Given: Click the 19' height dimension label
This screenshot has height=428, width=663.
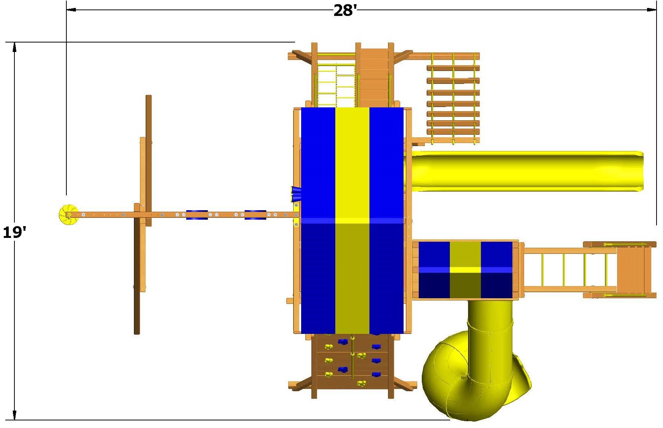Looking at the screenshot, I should (x=14, y=232).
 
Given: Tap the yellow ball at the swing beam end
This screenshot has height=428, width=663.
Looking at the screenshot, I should (x=68, y=215).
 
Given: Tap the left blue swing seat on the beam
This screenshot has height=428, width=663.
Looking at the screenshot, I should (x=196, y=215).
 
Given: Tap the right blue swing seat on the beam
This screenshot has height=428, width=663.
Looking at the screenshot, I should (x=255, y=215).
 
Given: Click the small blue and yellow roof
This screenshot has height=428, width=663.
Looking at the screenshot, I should (x=465, y=270).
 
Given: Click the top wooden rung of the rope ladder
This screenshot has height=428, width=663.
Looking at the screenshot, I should (x=453, y=68).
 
